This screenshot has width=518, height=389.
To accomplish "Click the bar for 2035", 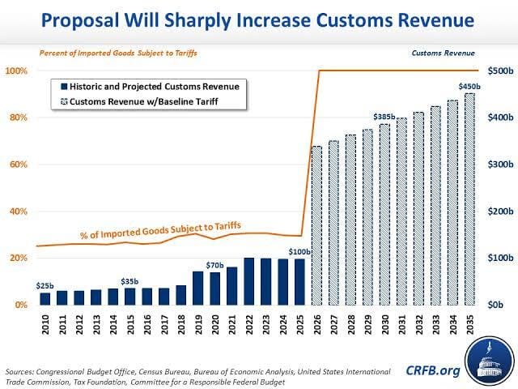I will [x=469, y=199].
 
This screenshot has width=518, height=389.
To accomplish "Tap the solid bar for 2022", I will [x=249, y=281].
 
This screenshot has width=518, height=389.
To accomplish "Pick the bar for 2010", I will [x=45, y=298].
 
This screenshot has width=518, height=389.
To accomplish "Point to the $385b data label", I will [x=384, y=116].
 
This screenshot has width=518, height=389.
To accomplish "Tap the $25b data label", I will [x=45, y=285].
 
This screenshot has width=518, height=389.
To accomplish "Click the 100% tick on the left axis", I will [x=16, y=71].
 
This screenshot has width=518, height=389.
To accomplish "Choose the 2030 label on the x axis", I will [x=384, y=322].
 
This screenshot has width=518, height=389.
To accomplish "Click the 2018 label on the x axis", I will [x=181, y=322].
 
